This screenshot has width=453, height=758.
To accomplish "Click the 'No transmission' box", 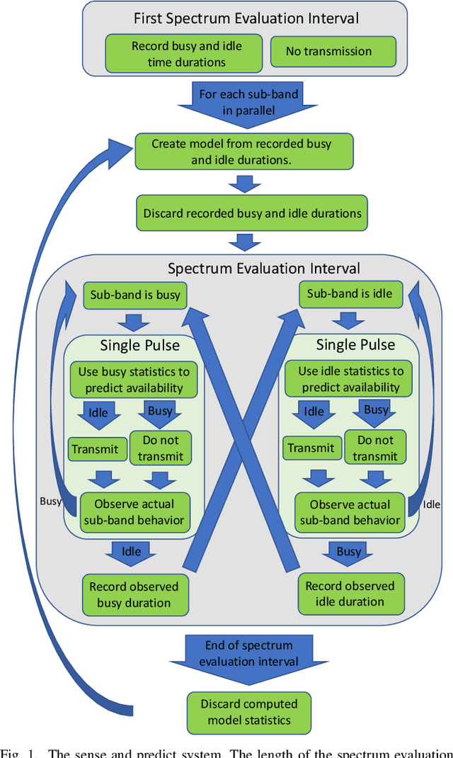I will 328,52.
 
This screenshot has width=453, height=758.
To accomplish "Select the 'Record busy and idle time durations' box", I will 186,53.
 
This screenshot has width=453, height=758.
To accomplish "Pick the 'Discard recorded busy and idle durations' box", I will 252,213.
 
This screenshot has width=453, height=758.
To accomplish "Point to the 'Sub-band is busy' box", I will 135,295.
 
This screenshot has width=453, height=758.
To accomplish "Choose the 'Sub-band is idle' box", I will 349,294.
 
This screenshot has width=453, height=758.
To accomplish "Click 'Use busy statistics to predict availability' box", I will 134,379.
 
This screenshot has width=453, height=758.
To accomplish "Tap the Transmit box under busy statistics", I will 98,448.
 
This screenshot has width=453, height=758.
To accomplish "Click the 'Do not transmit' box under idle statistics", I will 376,448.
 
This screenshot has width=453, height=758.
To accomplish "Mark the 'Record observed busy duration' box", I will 134,594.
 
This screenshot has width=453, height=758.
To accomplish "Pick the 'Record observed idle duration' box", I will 350,594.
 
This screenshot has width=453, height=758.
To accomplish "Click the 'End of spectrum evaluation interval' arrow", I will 239,654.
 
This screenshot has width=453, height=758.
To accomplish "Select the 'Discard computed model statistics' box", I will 248,712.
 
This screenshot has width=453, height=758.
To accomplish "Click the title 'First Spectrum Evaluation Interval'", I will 246,18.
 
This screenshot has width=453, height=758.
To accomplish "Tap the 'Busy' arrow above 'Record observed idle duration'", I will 349,553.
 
